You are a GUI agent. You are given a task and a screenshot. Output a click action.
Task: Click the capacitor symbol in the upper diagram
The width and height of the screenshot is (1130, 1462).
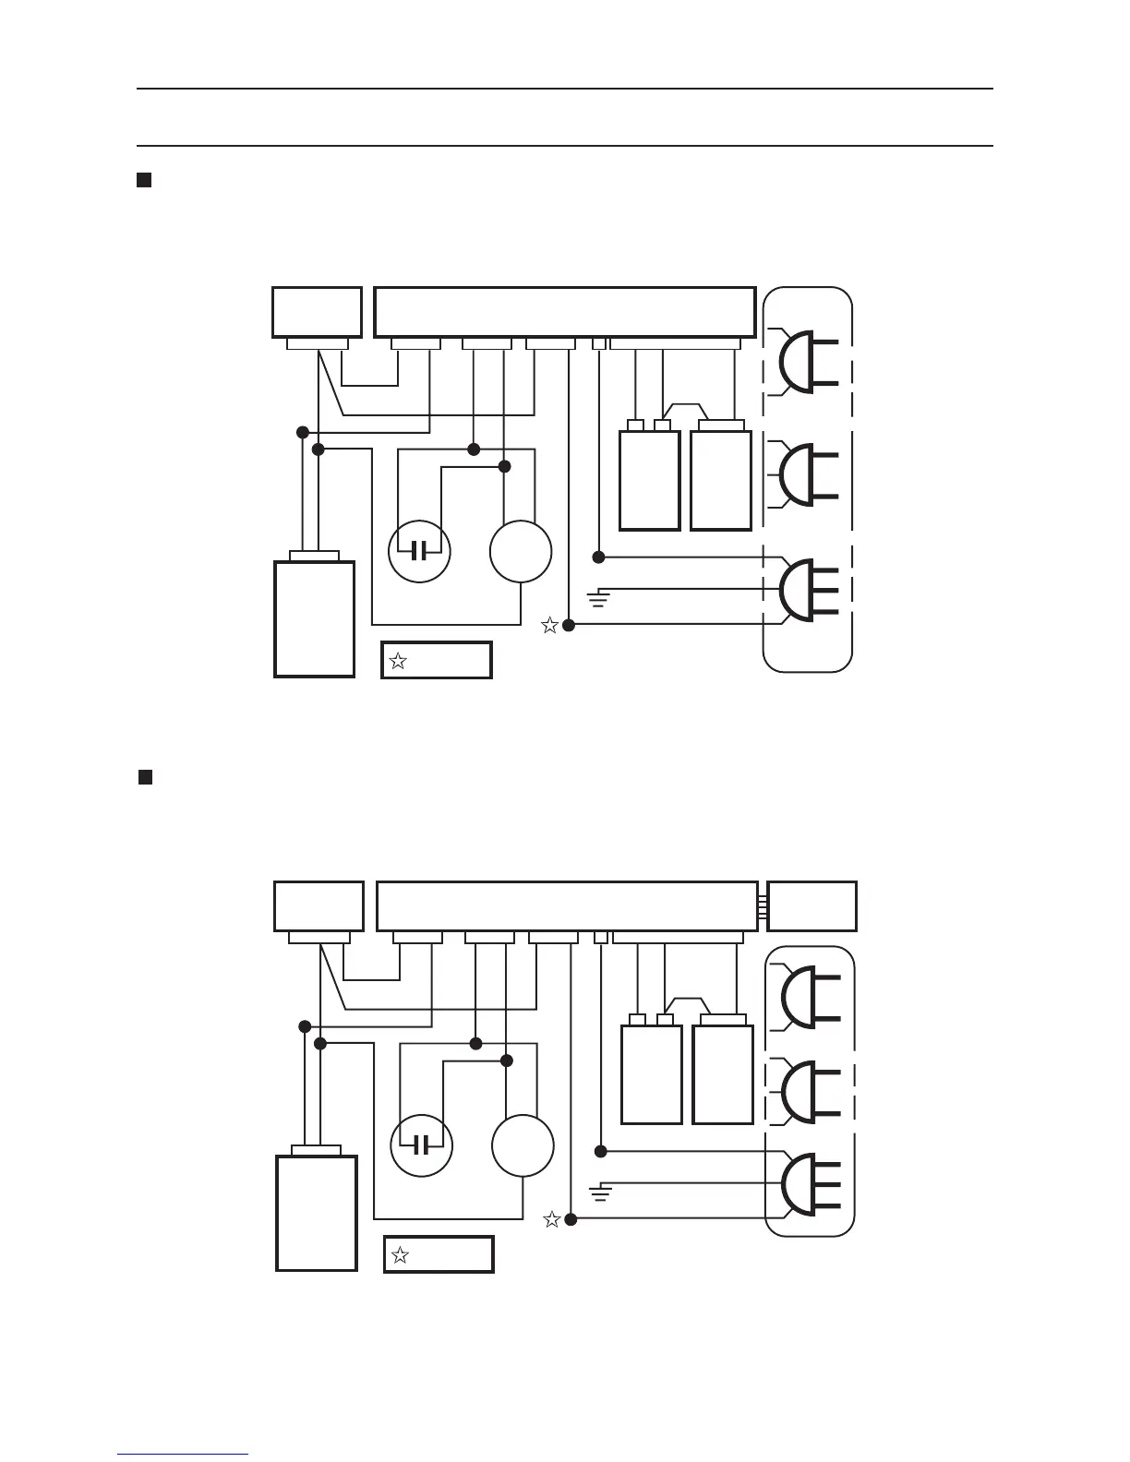pos(419,552)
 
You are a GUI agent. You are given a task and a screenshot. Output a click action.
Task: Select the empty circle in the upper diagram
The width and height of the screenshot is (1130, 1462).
pos(521,552)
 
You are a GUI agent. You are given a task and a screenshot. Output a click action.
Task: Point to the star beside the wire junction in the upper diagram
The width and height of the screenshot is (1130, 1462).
pos(549,626)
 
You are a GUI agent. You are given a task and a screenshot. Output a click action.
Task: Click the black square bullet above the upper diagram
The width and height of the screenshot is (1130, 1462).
pos(144,179)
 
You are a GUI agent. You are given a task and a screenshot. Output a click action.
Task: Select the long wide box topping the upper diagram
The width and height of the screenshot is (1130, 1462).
pos(565,312)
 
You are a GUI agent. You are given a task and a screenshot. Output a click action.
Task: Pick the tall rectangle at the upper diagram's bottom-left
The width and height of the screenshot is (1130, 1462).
pos(315,618)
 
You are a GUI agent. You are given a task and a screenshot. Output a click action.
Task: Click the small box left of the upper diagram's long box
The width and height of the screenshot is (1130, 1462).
pos(317,312)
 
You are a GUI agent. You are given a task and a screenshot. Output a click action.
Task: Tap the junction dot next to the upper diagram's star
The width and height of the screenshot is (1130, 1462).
pos(569,626)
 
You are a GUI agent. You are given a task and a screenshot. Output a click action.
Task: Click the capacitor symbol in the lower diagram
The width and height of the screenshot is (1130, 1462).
pos(421,1146)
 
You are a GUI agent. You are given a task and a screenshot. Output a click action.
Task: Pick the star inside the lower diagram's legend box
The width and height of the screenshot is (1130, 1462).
pos(400,1255)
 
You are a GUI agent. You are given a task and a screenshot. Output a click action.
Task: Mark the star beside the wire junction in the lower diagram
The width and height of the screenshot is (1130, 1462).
pos(551,1220)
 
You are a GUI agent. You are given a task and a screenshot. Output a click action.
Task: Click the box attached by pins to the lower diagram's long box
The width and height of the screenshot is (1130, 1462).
pos(812,906)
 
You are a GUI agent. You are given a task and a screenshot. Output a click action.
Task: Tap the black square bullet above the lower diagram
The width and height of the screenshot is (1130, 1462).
pos(145,776)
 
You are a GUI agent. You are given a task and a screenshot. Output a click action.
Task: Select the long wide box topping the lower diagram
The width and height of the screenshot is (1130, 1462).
pos(567,906)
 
